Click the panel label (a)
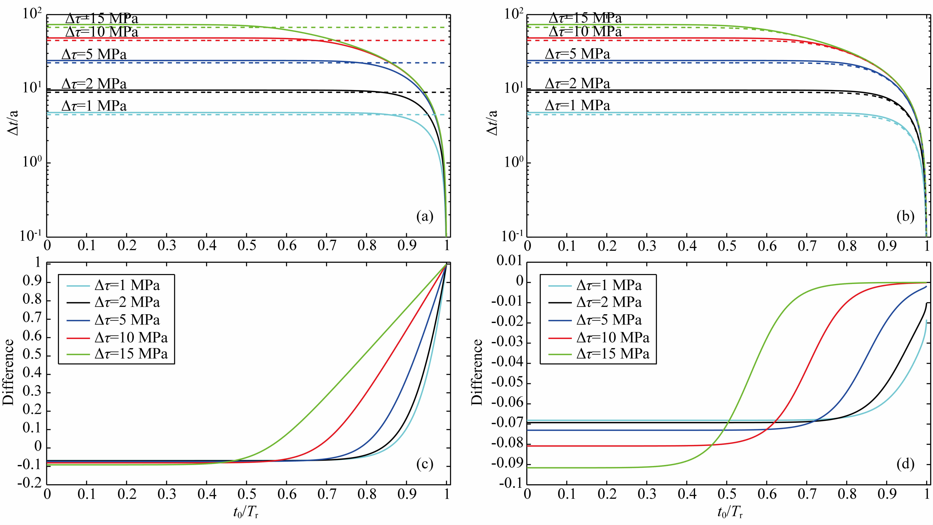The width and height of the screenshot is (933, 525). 424,217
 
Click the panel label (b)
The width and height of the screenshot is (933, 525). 905,217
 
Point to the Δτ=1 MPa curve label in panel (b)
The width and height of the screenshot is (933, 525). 577,105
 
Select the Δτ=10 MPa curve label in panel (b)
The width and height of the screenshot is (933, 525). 585,32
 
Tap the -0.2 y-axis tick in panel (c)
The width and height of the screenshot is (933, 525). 30,485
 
